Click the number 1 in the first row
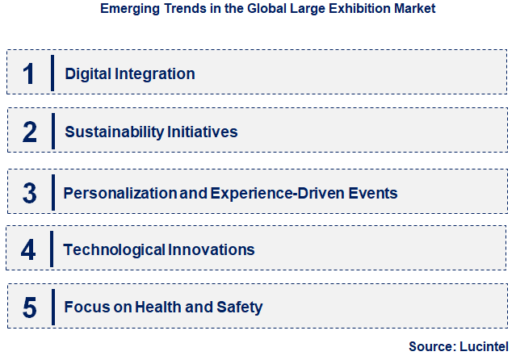click(x=28, y=73)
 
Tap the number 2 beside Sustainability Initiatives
click(x=30, y=132)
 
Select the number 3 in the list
click(x=30, y=194)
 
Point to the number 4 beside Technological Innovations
click(x=29, y=249)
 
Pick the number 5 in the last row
click(x=30, y=308)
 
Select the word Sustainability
click(x=114, y=132)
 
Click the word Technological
click(x=114, y=250)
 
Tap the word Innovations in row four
click(x=212, y=250)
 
